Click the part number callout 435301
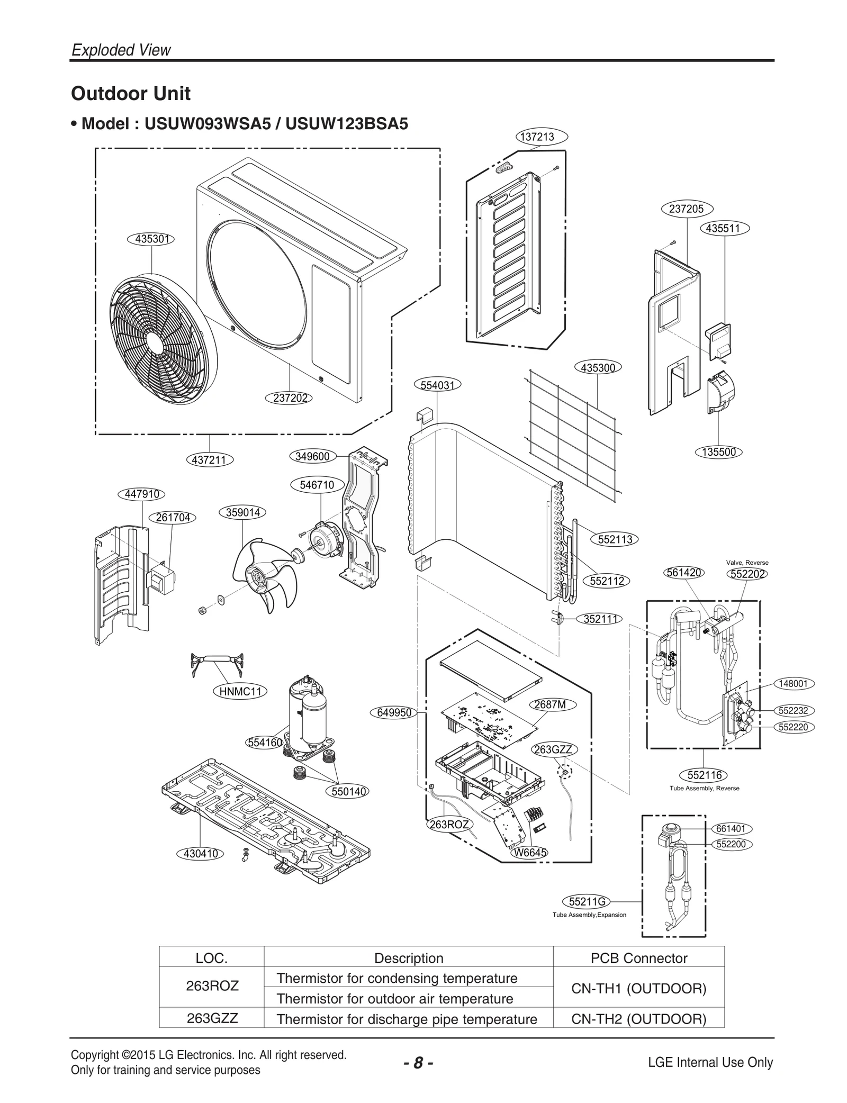click(151, 239)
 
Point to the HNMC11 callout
click(240, 691)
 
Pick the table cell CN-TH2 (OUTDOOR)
click(638, 1019)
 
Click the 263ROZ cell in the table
click(212, 986)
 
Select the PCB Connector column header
click(638, 958)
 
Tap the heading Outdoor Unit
click(131, 94)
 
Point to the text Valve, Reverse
click(747, 563)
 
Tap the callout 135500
click(718, 452)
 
